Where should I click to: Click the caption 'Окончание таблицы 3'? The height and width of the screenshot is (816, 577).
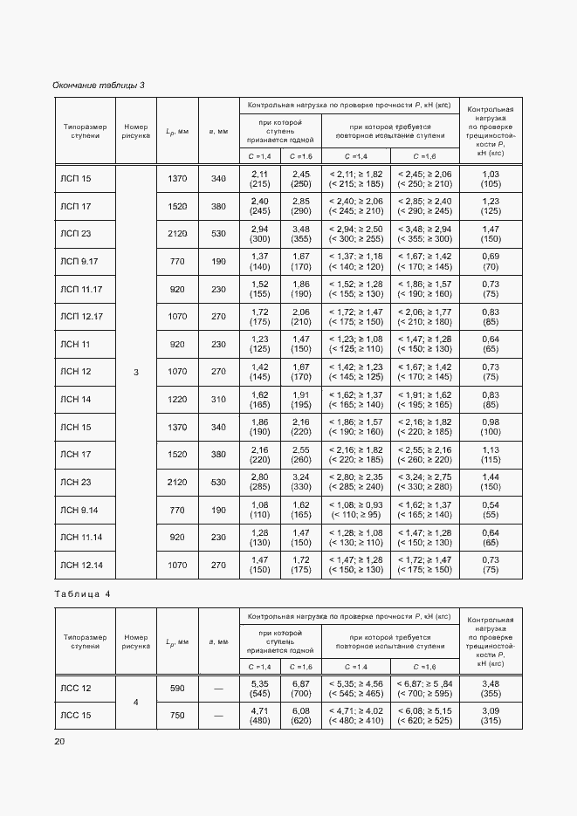(99, 85)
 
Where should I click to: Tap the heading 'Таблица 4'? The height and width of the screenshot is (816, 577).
(83, 593)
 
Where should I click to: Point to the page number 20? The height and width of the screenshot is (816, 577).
(59, 741)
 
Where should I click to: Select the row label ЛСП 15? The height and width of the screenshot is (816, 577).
(75, 179)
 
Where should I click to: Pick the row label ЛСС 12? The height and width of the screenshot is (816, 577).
(75, 689)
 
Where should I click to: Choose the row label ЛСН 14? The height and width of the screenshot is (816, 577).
(75, 399)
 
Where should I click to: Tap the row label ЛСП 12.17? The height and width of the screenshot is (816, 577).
(81, 316)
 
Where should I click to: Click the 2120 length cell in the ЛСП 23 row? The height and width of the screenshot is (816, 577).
(177, 234)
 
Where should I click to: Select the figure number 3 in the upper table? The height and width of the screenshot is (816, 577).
(135, 373)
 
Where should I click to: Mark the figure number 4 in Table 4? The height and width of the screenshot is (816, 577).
(135, 702)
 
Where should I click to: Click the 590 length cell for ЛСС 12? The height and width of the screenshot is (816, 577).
(177, 689)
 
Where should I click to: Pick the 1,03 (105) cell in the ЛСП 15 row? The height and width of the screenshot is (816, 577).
(491, 179)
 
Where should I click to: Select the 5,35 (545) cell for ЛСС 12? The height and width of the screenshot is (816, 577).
(259, 689)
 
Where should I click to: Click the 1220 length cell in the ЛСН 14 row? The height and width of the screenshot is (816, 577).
(177, 399)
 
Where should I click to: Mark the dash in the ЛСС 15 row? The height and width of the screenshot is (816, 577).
(218, 716)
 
